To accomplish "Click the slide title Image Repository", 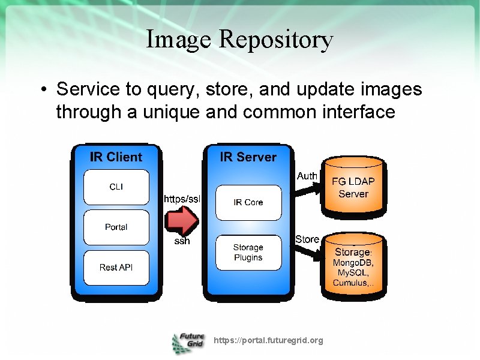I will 239,40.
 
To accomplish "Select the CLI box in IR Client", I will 116,187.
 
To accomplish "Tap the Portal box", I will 116,227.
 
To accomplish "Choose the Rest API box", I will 116,268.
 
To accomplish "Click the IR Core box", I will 248,202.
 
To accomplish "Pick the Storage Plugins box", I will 248,253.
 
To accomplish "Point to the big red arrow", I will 182,221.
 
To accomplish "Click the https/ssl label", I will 182,199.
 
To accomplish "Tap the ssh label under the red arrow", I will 182,241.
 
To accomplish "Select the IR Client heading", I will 116,157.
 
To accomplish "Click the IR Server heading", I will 248,157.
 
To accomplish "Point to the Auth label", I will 307,176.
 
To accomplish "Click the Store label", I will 307,239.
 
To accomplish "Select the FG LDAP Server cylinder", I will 353,187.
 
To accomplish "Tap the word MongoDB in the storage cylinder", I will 353,263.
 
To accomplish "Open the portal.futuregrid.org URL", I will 268,340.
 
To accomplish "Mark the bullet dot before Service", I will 44,91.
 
